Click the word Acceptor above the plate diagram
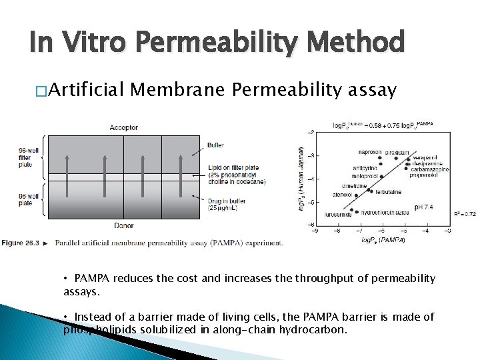point(124,127)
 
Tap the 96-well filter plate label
point(29,157)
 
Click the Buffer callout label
point(215,145)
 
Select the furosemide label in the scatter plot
point(339,215)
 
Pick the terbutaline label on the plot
point(388,192)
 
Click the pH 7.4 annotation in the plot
point(423,207)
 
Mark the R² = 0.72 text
point(465,214)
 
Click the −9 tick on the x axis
point(315,231)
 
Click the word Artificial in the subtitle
point(87,90)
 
